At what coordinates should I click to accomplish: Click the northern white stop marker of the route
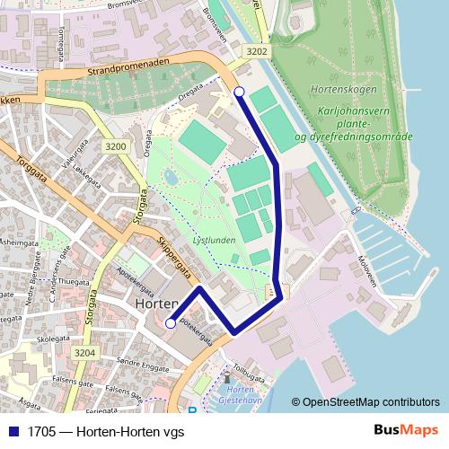click(239, 92)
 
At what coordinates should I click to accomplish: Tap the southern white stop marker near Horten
click(171, 324)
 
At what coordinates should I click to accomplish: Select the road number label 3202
click(257, 51)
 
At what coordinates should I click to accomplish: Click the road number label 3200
click(115, 146)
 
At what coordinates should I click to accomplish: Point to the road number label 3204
click(84, 353)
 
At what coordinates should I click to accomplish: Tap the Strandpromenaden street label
click(130, 70)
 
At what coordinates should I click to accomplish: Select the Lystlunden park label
click(215, 242)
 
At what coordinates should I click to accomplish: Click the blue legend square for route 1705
click(13, 432)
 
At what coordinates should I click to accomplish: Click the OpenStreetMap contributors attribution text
click(366, 402)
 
